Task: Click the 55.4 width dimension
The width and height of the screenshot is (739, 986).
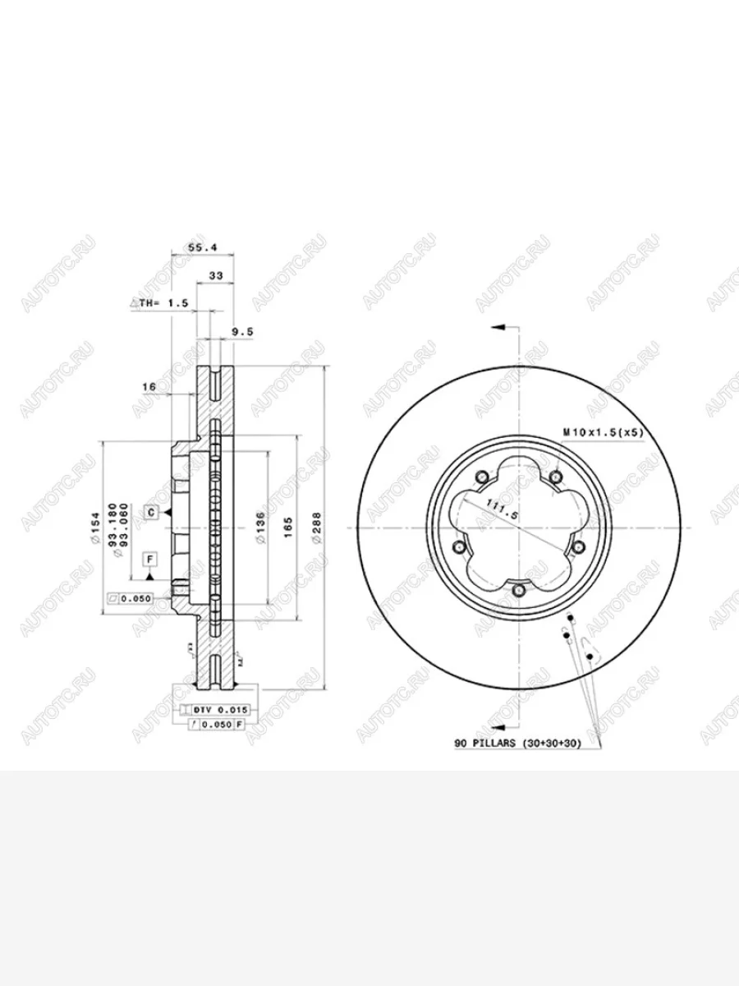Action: [x=201, y=246]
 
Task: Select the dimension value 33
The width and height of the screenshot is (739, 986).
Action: [x=216, y=276]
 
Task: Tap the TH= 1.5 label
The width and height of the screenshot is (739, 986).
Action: [x=159, y=303]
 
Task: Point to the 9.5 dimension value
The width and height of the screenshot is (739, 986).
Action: [x=241, y=332]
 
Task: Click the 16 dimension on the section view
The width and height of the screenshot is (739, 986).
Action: [x=149, y=385]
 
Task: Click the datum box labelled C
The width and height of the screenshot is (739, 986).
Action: [x=151, y=513]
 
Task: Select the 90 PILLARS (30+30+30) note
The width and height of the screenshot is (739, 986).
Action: [x=517, y=743]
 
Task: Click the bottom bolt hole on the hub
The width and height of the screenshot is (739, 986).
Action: [x=518, y=590]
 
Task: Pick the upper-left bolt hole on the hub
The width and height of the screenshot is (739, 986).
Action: [x=482, y=477]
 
